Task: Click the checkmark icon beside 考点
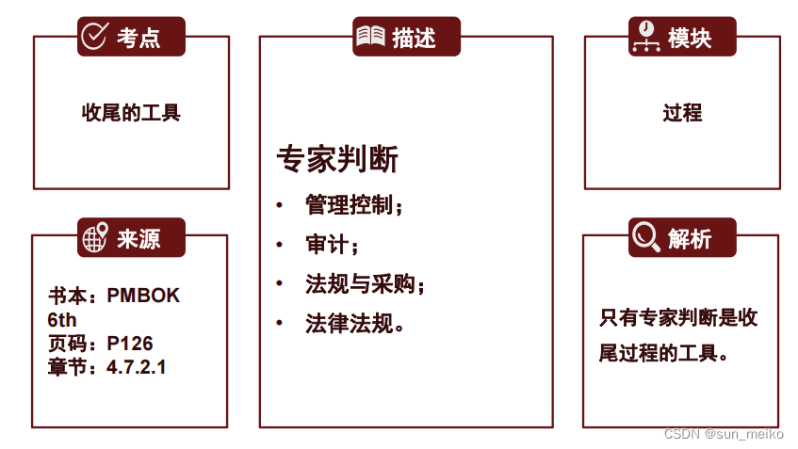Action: [94, 37]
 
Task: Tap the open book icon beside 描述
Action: [370, 37]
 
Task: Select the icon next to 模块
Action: [645, 37]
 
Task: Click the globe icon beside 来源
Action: [94, 238]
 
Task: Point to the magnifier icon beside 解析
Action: [645, 236]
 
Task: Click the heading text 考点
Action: [138, 38]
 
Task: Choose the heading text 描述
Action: [415, 38]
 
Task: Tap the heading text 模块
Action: [689, 38]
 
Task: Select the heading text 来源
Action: [138, 239]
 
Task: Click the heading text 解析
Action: [689, 238]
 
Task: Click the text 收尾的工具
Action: [131, 113]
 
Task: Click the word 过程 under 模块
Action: [682, 113]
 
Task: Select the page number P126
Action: [130, 344]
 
